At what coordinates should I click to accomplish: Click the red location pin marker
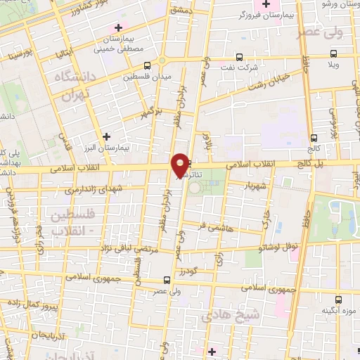(181, 165)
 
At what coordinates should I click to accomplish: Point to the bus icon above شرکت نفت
(240, 56)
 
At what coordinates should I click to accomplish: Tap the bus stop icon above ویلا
(333, 53)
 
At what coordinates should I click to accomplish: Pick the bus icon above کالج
(313, 138)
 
